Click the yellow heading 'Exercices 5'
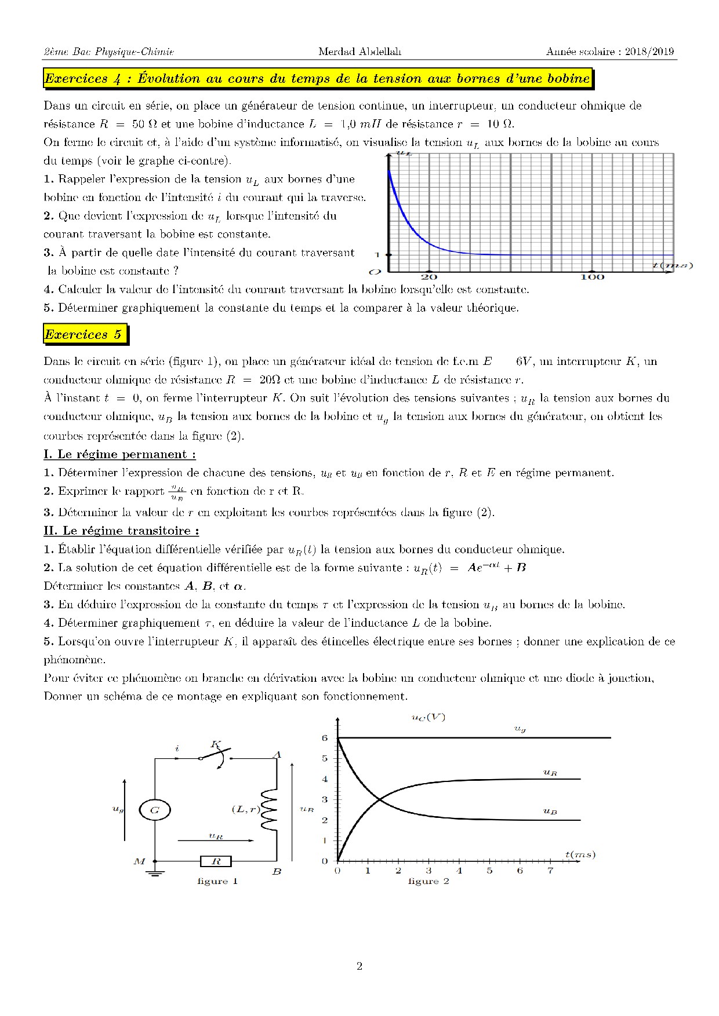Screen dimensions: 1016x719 (83, 334)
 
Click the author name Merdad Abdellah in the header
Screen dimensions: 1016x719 (359, 52)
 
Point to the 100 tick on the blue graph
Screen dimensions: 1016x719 (592, 277)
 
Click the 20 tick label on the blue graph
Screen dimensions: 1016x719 (429, 277)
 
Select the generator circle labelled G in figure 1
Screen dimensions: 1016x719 (155, 810)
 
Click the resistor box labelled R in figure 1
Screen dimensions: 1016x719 (216, 861)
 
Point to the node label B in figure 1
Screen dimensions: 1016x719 (277, 871)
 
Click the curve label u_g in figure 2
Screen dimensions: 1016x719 (520, 729)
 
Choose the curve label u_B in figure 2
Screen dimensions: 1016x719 (550, 812)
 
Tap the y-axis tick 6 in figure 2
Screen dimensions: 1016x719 (325, 738)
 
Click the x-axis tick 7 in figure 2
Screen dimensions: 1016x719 (550, 871)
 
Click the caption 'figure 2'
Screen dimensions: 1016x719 (429, 881)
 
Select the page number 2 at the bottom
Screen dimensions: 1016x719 (359, 966)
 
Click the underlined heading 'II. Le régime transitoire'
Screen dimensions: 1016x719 (121, 531)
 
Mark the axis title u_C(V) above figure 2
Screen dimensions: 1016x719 (428, 717)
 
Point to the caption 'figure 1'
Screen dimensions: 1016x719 (217, 881)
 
